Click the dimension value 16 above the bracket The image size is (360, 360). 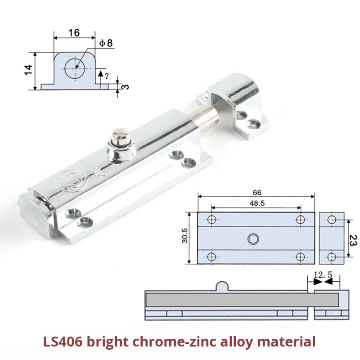point(74,32)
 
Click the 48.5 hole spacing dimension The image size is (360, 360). point(256,202)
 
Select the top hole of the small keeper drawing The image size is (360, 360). point(332,220)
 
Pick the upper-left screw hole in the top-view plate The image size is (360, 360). point(212,220)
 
